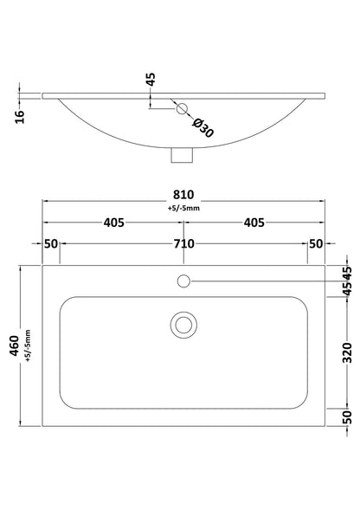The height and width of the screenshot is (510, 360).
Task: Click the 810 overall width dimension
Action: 183,195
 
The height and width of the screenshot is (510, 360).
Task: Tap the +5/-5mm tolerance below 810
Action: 183,208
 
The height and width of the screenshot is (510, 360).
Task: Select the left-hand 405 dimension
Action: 114,223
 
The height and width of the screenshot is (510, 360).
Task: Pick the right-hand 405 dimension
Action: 254,223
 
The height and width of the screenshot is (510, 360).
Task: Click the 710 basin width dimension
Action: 183,243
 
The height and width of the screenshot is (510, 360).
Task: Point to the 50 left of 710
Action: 51,243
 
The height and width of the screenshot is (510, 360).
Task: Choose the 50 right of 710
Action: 316,243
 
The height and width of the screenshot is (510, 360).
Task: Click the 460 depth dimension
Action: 15,345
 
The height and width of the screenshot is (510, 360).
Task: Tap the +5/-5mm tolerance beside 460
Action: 28,345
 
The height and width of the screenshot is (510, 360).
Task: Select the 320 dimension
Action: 348,352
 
